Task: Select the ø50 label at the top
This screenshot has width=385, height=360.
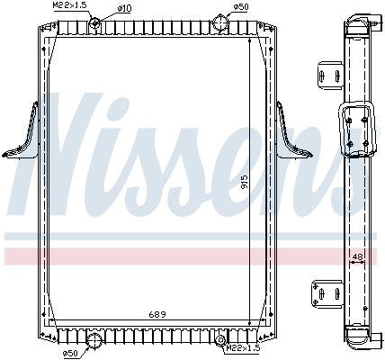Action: pyautogui.click(x=240, y=7)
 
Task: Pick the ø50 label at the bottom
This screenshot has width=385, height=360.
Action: pyautogui.click(x=69, y=352)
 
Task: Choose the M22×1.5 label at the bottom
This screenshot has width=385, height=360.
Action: pyautogui.click(x=243, y=349)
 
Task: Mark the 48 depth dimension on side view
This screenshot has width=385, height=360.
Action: pyautogui.click(x=358, y=256)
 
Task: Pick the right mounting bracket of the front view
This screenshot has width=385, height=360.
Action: pyautogui.click(x=291, y=135)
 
